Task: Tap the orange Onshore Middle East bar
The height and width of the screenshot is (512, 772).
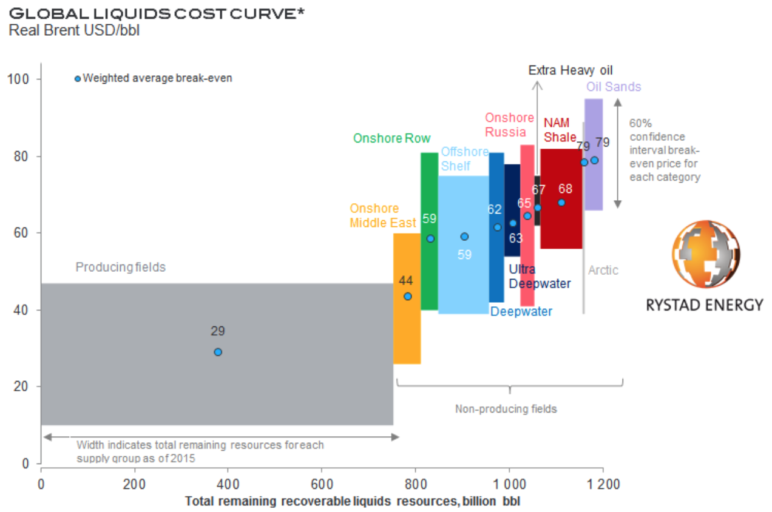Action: [x=407, y=328]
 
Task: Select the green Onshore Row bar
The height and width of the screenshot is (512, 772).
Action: [x=429, y=273]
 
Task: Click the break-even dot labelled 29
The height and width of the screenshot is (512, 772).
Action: [x=218, y=352]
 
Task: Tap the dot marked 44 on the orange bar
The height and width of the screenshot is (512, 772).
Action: [x=408, y=296]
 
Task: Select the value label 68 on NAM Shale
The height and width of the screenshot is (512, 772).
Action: [x=565, y=189]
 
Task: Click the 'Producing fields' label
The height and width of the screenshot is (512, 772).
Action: [x=120, y=267]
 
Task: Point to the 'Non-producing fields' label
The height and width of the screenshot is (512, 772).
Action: [x=506, y=409]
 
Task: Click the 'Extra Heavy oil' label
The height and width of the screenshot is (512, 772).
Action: [x=571, y=70]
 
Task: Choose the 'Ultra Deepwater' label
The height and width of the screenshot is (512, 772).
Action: [x=539, y=276]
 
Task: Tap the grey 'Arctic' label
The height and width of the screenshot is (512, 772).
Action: [x=603, y=270]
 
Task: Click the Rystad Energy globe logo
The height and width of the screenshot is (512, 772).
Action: [x=705, y=255]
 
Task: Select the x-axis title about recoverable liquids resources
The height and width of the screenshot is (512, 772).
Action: [x=353, y=502]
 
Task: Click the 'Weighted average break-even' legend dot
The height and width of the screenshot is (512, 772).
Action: [x=77, y=78]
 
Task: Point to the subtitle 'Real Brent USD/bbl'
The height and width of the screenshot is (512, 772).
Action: [x=74, y=30]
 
